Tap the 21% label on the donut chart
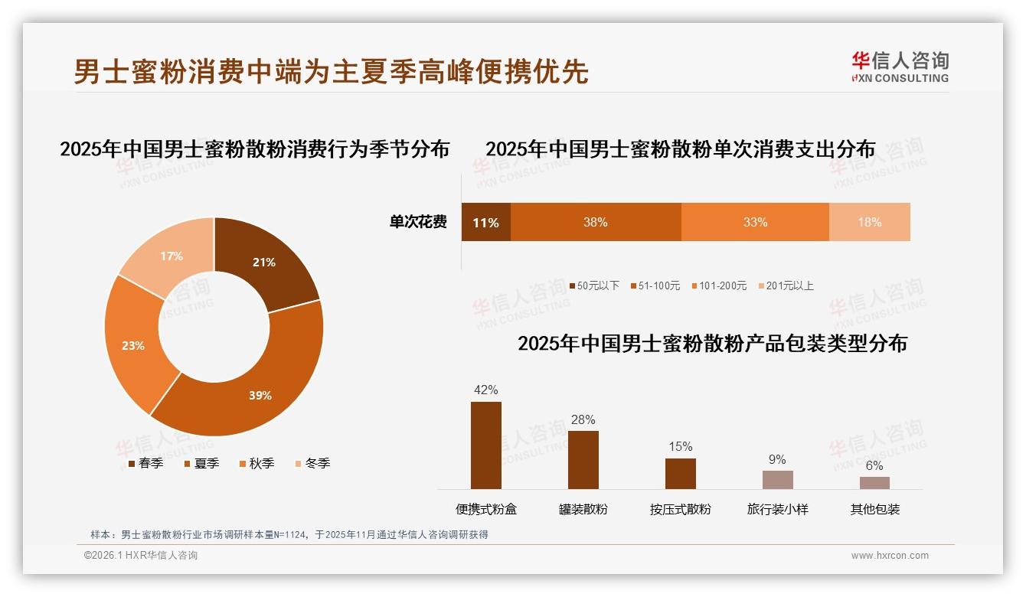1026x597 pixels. click(x=264, y=263)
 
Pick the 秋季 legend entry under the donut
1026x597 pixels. click(x=256, y=464)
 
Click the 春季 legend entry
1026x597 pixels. click(x=145, y=464)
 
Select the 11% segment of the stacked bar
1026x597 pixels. click(x=485, y=223)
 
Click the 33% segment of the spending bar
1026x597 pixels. click(x=755, y=223)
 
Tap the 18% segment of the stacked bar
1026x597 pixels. click(x=869, y=223)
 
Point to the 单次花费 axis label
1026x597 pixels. click(x=418, y=223)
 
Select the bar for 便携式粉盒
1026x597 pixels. click(x=485, y=445)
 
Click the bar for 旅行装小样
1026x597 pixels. click(x=777, y=480)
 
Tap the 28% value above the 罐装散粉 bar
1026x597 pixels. click(x=583, y=420)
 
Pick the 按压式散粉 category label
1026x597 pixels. click(x=680, y=509)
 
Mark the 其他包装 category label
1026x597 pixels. click(x=874, y=509)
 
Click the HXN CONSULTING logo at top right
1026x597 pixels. click(x=900, y=67)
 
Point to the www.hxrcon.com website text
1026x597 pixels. click(x=890, y=556)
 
